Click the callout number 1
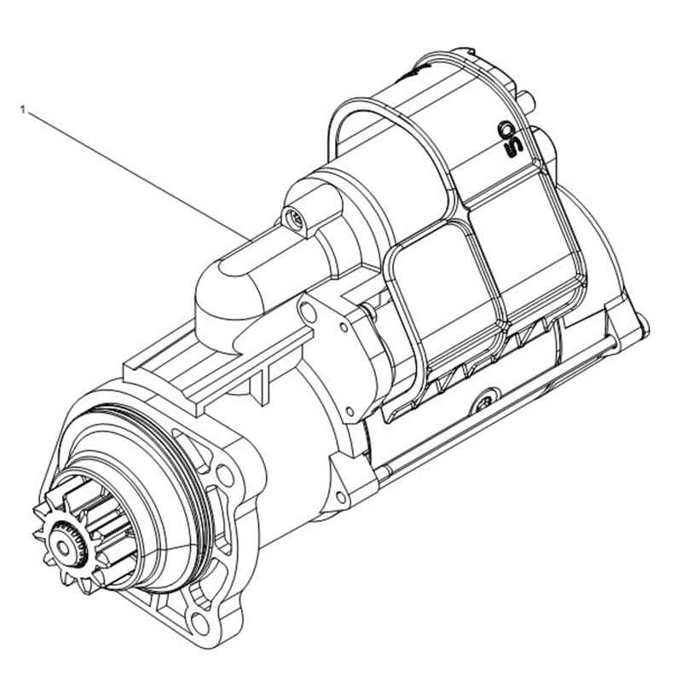coord(23,110)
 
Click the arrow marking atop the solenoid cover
coord(415,70)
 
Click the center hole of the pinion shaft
coord(63,548)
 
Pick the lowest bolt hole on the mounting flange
coord(200,623)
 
